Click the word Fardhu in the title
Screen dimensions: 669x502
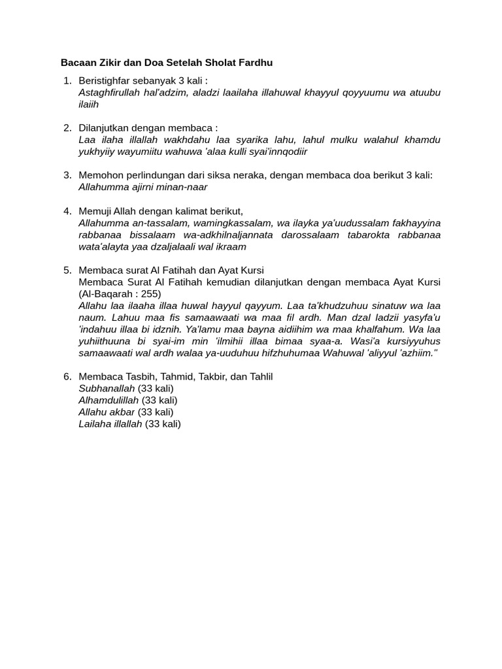pyautogui.click(x=256, y=63)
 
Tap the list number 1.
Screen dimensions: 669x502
pyautogui.click(x=67, y=80)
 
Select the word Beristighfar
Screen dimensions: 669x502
pyautogui.click(x=105, y=80)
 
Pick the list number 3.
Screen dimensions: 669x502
pyautogui.click(x=67, y=175)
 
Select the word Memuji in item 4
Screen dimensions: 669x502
pyautogui.click(x=95, y=211)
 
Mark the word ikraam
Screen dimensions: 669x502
pyautogui.click(x=231, y=246)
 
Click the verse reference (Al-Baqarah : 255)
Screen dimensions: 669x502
pyautogui.click(x=120, y=293)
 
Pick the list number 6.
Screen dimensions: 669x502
pyautogui.click(x=67, y=376)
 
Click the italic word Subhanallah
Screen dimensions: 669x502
pyautogui.click(x=107, y=388)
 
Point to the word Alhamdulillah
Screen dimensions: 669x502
pyautogui.click(x=109, y=400)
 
